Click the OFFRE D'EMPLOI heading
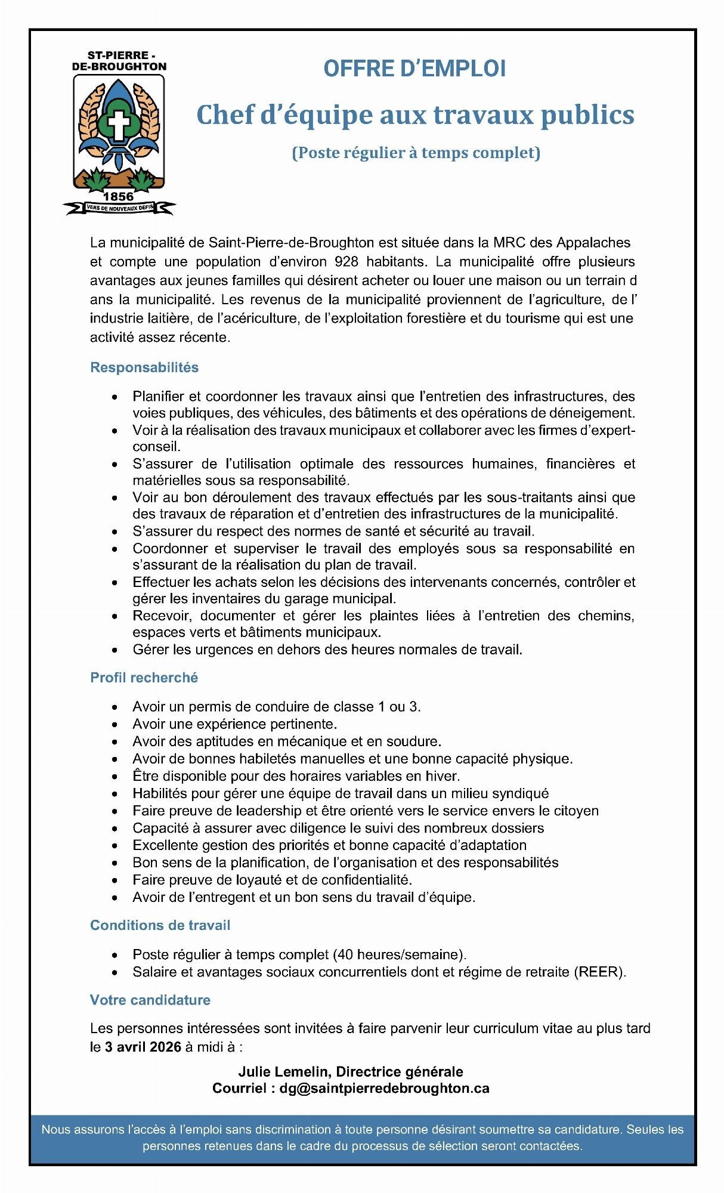pyautogui.click(x=414, y=69)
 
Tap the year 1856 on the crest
pyautogui.click(x=119, y=196)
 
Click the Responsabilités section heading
pyautogui.click(x=144, y=367)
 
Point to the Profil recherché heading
pyautogui.click(x=144, y=678)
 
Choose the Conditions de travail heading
pyautogui.click(x=160, y=925)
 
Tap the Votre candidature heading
pyautogui.click(x=150, y=1000)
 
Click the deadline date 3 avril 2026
pyautogui.click(x=143, y=1047)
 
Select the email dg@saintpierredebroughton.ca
pyautogui.click(x=384, y=1088)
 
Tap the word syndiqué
pyautogui.click(x=521, y=793)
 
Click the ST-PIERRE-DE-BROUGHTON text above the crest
pyautogui.click(x=119, y=61)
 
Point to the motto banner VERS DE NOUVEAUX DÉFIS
pyautogui.click(x=119, y=208)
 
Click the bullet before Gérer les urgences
pyautogui.click(x=115, y=650)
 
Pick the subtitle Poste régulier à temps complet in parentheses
pyautogui.click(x=416, y=153)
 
